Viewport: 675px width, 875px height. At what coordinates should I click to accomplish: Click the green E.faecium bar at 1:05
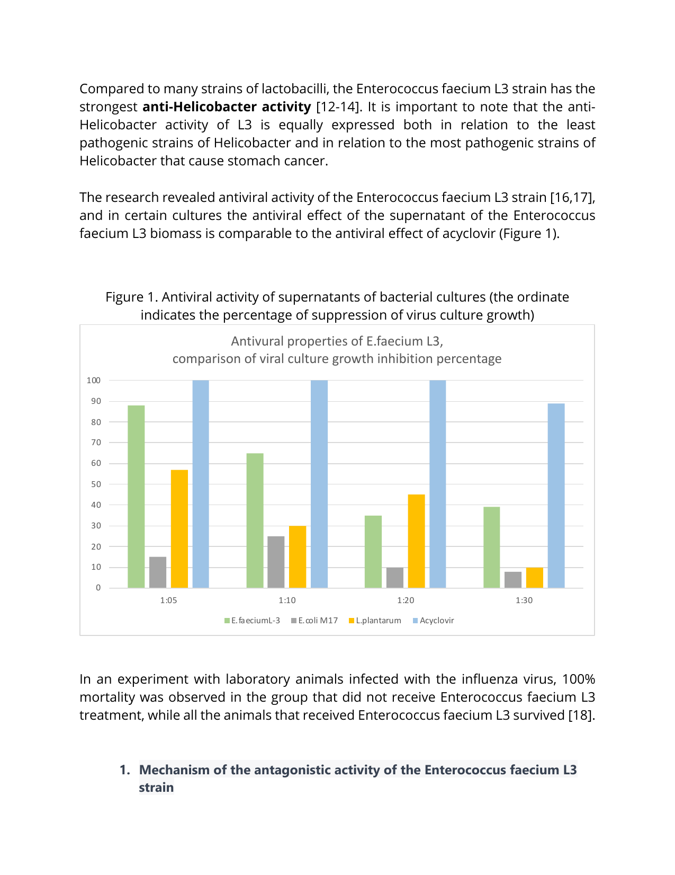pos(136,497)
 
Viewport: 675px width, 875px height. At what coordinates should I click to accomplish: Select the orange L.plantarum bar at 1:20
pos(416,541)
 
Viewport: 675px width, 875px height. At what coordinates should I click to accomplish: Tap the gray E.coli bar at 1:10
pos(276,562)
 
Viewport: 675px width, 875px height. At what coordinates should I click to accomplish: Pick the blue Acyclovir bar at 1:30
pos(556,496)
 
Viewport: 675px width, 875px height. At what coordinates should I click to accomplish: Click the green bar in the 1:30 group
pos(491,547)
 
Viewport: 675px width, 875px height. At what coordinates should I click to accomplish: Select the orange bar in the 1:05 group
pos(179,529)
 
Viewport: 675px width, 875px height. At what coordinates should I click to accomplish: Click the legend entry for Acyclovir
pos(436,621)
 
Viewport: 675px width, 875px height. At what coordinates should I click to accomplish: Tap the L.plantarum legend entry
pos(378,621)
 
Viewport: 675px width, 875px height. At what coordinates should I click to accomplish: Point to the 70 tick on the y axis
pos(96,443)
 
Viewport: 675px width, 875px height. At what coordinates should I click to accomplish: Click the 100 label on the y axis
pos(94,380)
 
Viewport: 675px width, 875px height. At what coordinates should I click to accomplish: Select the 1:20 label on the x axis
pos(406,600)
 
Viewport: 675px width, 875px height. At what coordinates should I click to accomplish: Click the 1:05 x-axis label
pos(168,600)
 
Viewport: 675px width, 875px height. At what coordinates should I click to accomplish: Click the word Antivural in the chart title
pos(257,341)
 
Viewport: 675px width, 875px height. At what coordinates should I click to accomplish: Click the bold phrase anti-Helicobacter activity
pos(227,107)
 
